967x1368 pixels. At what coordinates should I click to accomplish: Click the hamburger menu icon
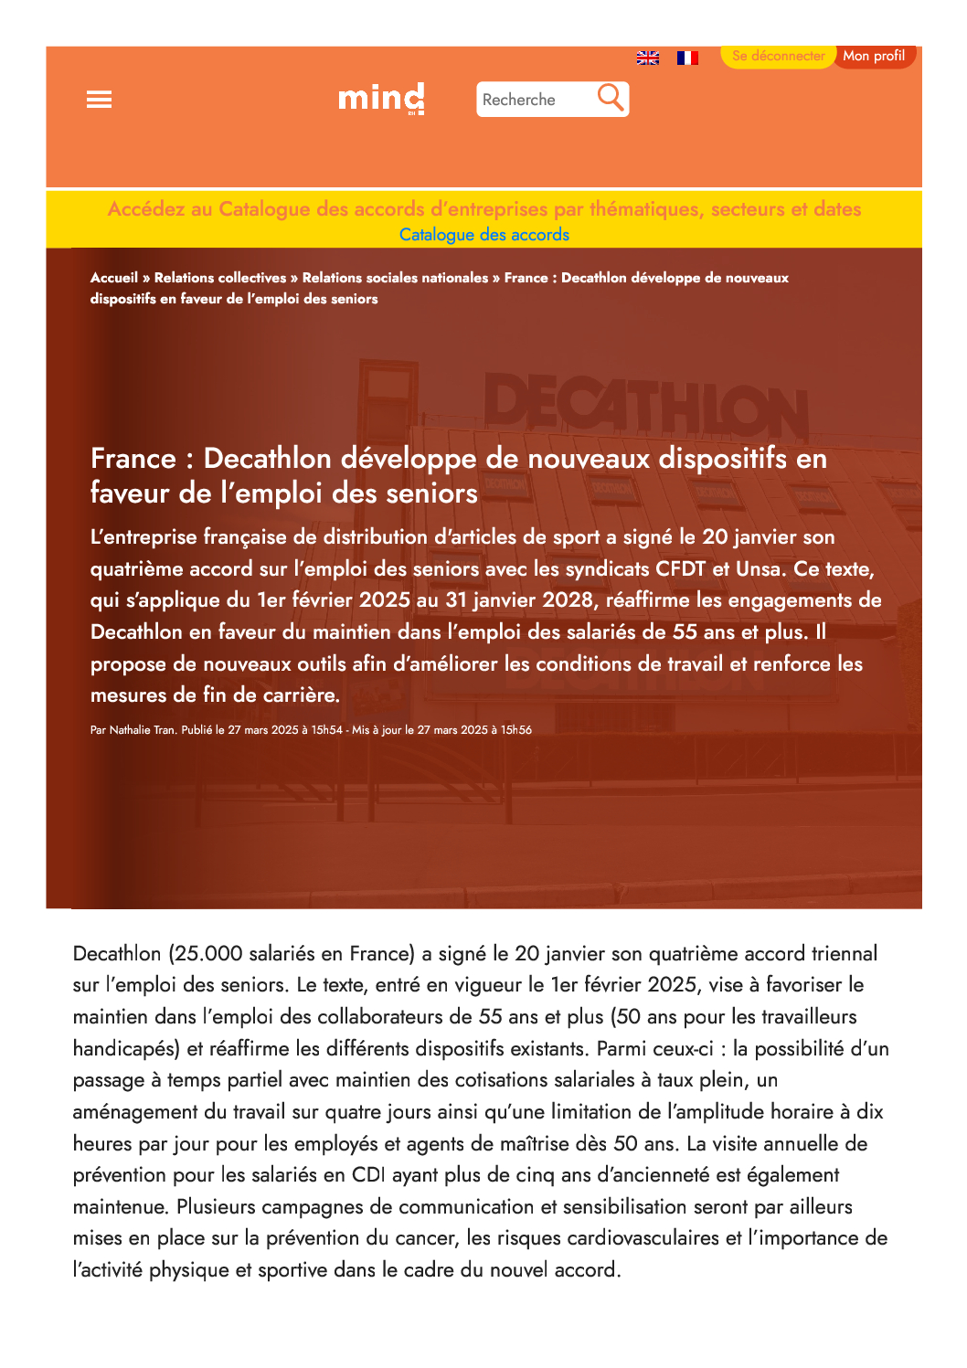[x=99, y=100]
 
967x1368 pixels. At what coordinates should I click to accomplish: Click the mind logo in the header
[x=381, y=98]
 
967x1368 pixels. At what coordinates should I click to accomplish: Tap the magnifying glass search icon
[x=611, y=97]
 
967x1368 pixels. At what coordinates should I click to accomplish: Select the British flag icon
[x=648, y=58]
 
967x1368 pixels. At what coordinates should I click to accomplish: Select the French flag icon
[x=687, y=58]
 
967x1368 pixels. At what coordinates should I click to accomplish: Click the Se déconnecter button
[x=778, y=56]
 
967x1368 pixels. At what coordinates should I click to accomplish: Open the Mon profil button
[x=874, y=56]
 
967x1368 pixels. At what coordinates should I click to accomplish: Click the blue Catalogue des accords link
[x=484, y=235]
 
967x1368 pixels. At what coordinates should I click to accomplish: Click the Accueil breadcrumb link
[x=114, y=278]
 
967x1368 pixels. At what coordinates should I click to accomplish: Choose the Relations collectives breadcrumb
[x=220, y=278]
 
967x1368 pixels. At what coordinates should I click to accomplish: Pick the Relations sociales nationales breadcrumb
[x=395, y=278]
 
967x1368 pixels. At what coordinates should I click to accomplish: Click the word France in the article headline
[x=133, y=459]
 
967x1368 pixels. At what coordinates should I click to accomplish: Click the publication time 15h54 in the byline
[x=327, y=730]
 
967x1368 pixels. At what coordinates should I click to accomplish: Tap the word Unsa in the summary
[x=759, y=569]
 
